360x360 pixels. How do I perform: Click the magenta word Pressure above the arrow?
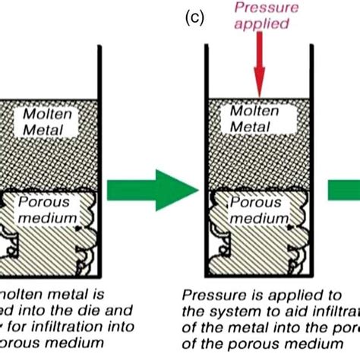point(260,9)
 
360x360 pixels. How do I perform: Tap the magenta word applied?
point(260,24)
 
